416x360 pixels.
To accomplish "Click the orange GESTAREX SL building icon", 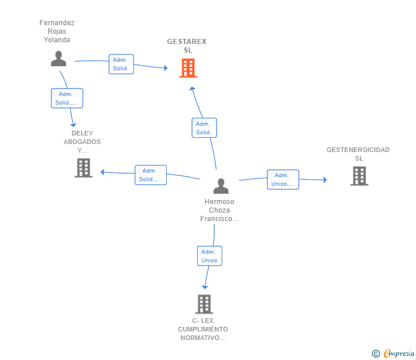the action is pos(188,68).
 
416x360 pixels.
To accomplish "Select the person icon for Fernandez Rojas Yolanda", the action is pos(58,59).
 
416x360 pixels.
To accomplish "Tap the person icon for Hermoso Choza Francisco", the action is pos(221,186).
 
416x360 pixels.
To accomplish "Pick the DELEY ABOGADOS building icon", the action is pos(83,167).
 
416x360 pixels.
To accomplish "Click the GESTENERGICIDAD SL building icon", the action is pos(359,176).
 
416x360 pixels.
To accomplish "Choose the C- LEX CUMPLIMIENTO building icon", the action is pos(205,304).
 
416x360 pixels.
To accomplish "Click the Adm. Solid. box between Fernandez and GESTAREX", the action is pos(121,64).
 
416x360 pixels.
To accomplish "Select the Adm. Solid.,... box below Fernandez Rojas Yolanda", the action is pos(67,98).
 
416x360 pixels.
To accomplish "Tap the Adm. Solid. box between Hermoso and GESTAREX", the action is pos(204,128).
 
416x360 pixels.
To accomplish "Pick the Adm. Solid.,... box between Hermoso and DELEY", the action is pos(151,175).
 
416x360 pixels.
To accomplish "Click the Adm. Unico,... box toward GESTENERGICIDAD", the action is pos(283,179).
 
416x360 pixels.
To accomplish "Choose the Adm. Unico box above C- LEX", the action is pos(210,256).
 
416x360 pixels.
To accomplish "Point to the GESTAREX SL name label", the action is pos(187,46).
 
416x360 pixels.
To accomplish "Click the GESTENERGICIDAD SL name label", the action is pos(358,154).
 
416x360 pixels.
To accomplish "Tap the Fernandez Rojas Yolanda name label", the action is pos(57,31).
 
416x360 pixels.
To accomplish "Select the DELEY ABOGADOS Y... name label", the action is pos(82,142).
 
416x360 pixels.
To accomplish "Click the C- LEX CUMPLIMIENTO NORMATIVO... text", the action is pos(203,329).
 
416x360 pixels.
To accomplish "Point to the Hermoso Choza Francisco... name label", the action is pos(219,210).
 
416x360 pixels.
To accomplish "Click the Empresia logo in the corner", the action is pos(393,353).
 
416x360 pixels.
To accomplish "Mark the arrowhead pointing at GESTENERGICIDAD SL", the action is pos(325,179).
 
